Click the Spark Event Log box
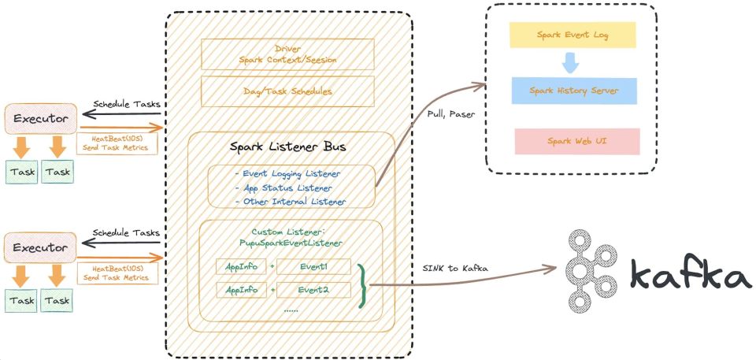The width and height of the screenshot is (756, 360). point(572,35)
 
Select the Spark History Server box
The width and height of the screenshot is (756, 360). point(573,91)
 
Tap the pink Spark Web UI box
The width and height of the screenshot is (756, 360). point(576,141)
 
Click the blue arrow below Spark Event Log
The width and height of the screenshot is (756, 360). point(570,62)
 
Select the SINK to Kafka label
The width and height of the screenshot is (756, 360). point(455,269)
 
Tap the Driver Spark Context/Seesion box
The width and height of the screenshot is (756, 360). point(288,53)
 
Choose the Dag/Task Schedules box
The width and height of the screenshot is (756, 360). point(288,91)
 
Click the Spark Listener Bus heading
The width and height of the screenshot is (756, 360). point(288,148)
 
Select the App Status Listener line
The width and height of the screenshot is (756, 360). point(283,188)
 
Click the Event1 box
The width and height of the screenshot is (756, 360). point(313,267)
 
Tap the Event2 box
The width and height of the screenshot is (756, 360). point(313,290)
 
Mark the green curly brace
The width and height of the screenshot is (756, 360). point(363,284)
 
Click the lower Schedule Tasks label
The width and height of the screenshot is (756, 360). point(126,233)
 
